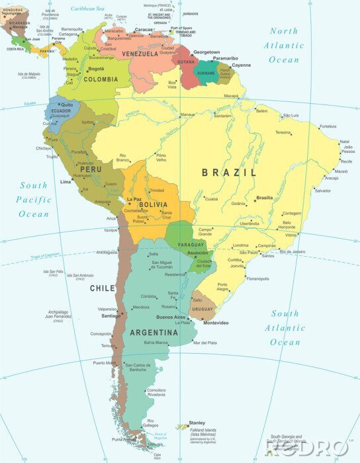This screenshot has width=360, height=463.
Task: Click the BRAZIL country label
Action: (x=229, y=173)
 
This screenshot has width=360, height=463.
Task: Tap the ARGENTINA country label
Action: (x=154, y=333)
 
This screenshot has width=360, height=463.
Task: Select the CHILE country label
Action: (x=103, y=288)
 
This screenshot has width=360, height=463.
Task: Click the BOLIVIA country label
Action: (x=153, y=205)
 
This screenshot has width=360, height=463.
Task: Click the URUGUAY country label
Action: (x=202, y=309)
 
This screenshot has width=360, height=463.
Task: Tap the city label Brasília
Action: (x=265, y=197)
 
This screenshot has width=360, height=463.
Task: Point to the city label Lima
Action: (x=66, y=181)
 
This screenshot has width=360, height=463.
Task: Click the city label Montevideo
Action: (x=216, y=323)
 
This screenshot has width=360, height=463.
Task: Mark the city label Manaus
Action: (x=188, y=114)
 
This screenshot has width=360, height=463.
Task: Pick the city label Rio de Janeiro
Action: (x=292, y=251)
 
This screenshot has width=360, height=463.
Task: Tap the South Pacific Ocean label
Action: (x=34, y=200)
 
